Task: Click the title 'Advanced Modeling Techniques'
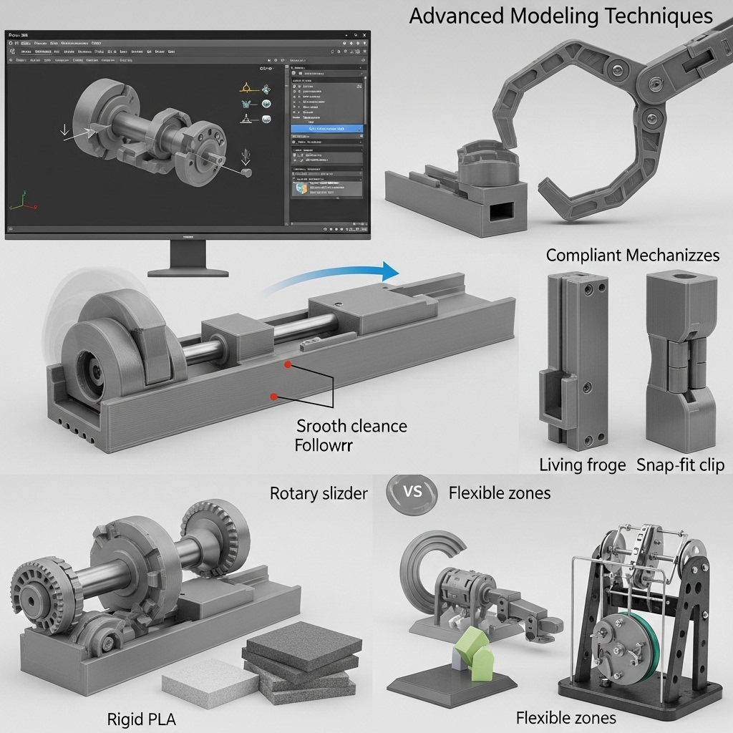click(x=560, y=16)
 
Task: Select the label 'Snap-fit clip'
click(x=681, y=465)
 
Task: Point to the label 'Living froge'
click(x=582, y=465)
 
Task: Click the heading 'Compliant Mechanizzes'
click(x=633, y=256)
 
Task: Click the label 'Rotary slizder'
click(x=319, y=493)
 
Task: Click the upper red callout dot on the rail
click(x=288, y=364)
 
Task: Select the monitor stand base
click(x=188, y=271)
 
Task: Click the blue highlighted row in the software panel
click(x=326, y=129)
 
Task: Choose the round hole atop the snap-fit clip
click(x=681, y=276)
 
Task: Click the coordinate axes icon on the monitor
click(x=21, y=203)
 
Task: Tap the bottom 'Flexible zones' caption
click(x=565, y=717)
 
